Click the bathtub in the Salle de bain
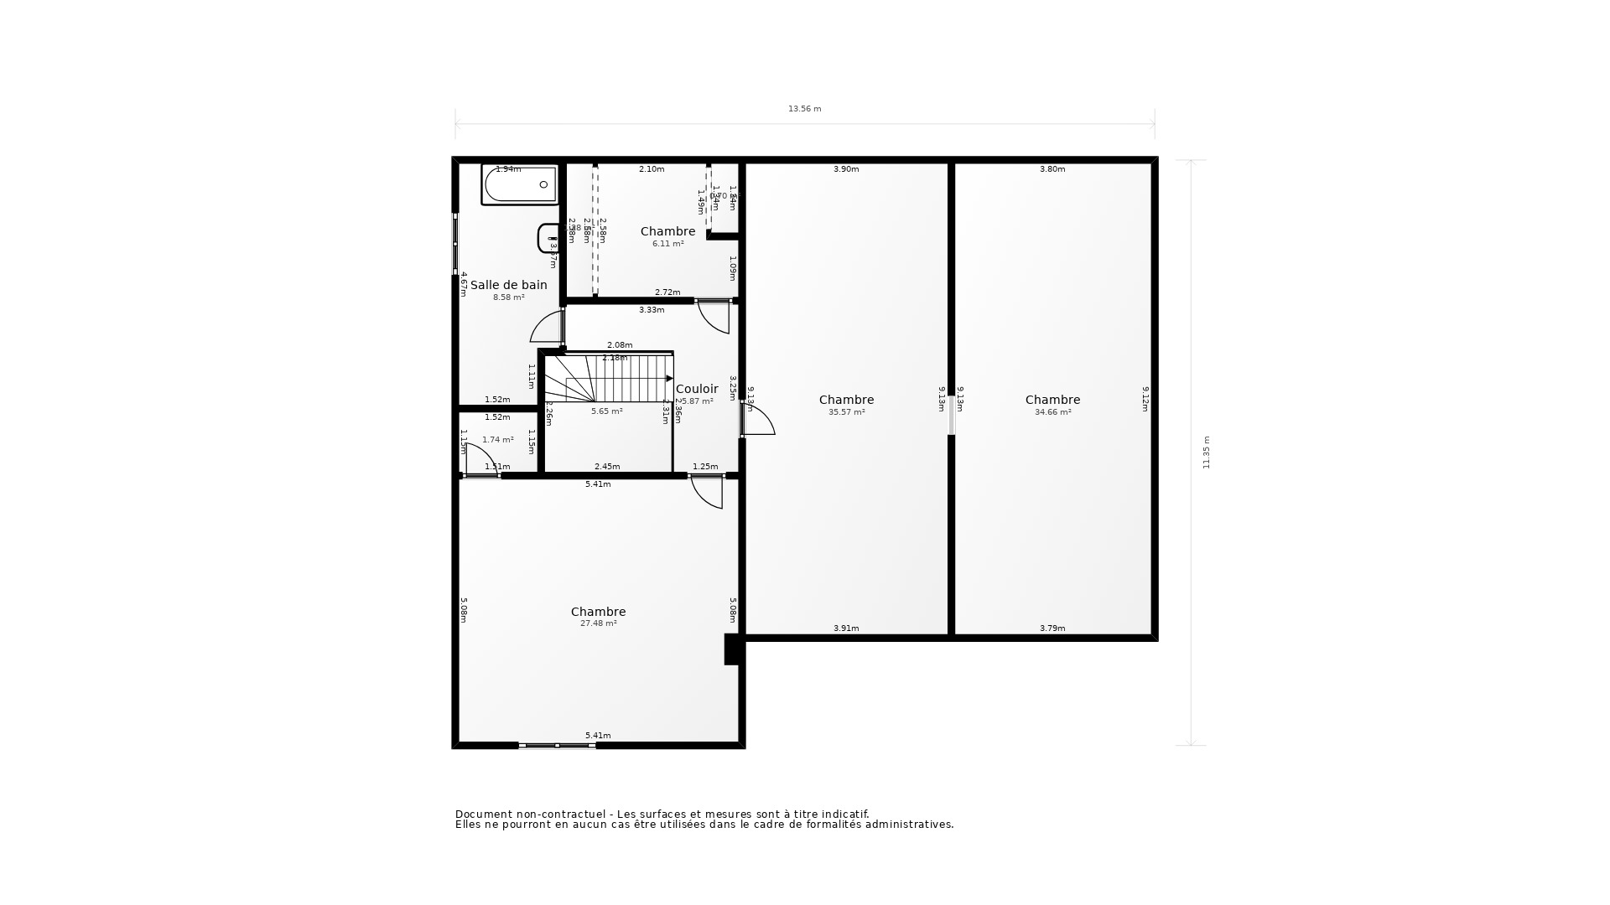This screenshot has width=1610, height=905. coord(520,185)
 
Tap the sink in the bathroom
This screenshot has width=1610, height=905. coord(548,239)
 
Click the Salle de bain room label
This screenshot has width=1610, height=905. coord(508,285)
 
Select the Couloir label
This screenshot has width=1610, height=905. coord(697,389)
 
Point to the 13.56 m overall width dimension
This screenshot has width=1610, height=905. coord(804,109)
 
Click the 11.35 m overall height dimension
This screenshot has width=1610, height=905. coord(1207,452)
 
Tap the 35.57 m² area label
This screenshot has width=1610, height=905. coord(846,412)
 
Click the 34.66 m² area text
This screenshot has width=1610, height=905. coord(1052,412)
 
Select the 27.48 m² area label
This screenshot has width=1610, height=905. coord(598,623)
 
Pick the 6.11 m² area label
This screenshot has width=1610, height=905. coord(667,244)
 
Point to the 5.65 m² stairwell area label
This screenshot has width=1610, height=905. coord(606,411)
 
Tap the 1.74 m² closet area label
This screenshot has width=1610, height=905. coord(497,440)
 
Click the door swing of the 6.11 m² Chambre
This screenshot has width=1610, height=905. coord(714,316)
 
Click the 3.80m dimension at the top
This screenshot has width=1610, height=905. coord(1052,169)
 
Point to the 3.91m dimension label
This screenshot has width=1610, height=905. coord(846,628)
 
